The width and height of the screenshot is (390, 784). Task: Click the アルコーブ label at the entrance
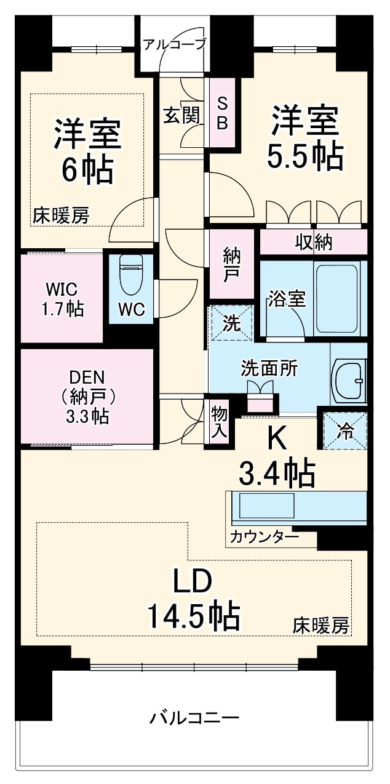pos(174,44)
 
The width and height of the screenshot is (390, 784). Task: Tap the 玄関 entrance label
pos(181,114)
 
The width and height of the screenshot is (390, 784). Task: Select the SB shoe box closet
pos(222,113)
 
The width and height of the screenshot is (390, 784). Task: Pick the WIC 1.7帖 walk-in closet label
pos(62,299)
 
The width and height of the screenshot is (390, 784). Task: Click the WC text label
pos(131,310)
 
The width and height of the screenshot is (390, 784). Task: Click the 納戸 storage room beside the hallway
pos(231,264)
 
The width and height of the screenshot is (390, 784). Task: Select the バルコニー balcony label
pos(194,717)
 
